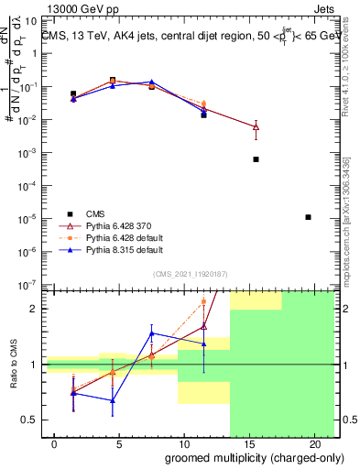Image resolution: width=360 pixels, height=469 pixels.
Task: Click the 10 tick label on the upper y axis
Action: tap(30, 21)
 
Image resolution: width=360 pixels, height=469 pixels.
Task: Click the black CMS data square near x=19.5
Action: tap(309, 217)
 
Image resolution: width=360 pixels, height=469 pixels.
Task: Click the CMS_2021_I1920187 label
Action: tap(189, 272)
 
